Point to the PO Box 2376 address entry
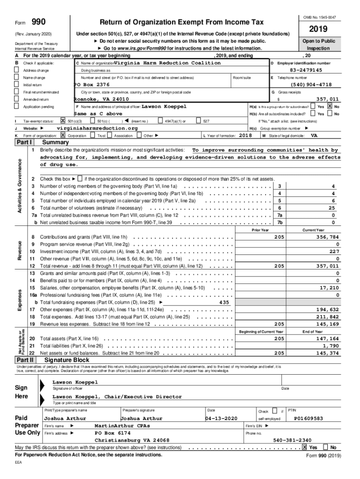(92, 85)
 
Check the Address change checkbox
(17, 70)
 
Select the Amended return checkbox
(17, 100)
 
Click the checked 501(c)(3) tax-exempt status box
(63, 121)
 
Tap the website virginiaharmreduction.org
(97, 128)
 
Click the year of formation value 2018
(245, 135)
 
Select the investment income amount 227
(334, 251)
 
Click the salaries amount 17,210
(329, 288)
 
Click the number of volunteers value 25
(331, 208)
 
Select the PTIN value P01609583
(308, 418)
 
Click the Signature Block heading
(66, 360)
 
